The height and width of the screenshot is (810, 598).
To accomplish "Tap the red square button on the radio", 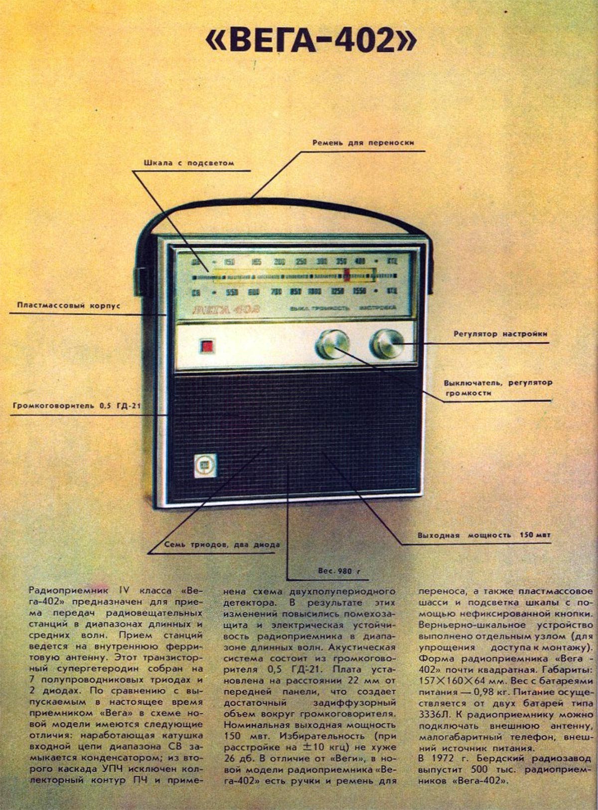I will click(x=206, y=345).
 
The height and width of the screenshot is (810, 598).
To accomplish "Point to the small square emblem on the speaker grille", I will click(x=205, y=465).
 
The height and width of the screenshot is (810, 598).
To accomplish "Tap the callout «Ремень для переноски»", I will click(x=363, y=143).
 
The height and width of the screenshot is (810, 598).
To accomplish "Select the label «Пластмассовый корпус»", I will click(x=68, y=305).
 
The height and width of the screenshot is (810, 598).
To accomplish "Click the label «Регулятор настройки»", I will click(x=500, y=334).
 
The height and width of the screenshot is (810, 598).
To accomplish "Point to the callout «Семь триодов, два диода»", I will click(x=222, y=545).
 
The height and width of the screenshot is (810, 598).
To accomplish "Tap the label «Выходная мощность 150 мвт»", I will click(x=484, y=535).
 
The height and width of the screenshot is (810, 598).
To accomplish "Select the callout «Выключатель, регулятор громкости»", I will click(x=497, y=388).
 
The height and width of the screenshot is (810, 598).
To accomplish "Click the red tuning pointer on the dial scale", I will click(x=347, y=275).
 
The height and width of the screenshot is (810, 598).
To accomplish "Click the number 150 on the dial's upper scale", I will click(x=230, y=262).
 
